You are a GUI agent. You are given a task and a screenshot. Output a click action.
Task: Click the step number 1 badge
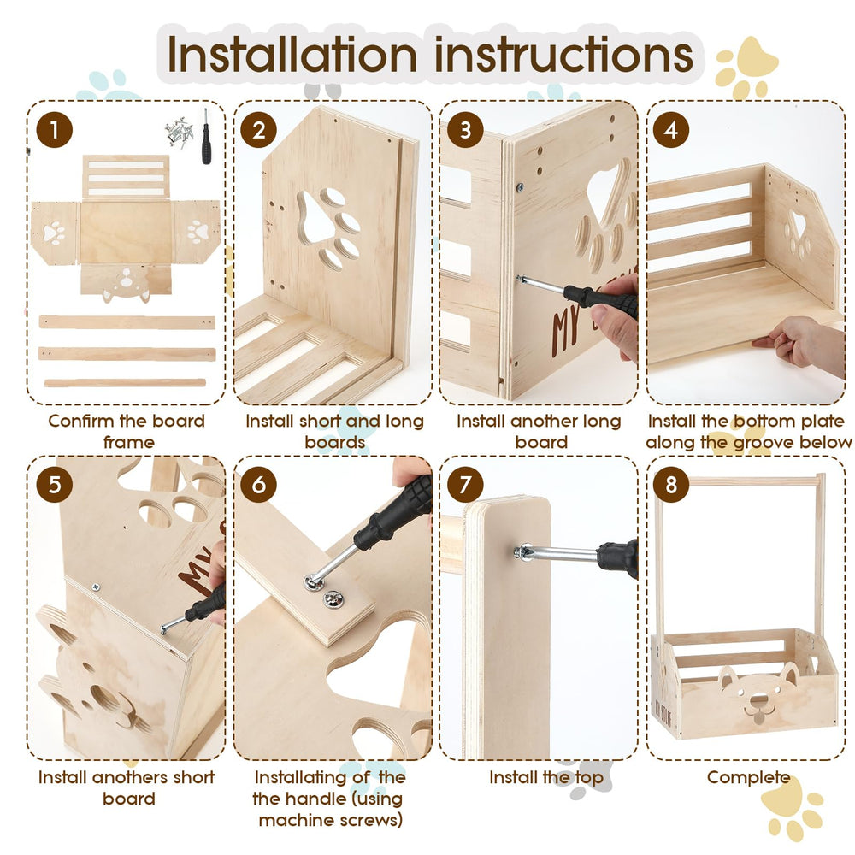[55, 130]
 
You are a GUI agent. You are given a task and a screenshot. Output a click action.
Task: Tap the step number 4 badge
[671, 130]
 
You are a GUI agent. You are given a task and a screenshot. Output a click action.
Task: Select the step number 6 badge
[259, 484]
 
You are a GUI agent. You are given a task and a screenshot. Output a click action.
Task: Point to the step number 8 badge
[671, 484]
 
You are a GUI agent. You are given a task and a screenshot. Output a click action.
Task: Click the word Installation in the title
[292, 55]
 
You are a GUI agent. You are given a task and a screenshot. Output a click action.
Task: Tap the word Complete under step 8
[748, 777]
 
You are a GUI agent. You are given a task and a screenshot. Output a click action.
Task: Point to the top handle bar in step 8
[742, 481]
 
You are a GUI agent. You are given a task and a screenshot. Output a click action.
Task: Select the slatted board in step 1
[126, 177]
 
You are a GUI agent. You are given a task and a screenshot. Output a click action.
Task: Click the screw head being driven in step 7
[523, 552]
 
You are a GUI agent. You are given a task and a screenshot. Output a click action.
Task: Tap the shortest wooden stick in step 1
[126, 383]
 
